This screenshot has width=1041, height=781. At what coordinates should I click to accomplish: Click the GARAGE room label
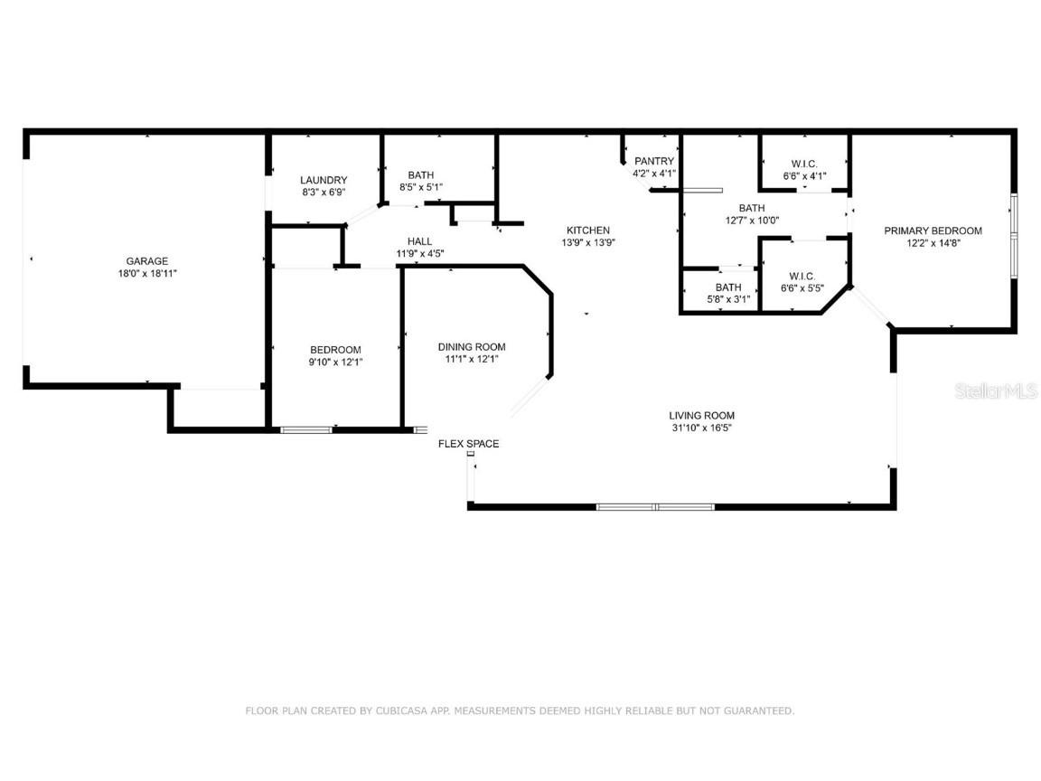pyautogui.click(x=146, y=261)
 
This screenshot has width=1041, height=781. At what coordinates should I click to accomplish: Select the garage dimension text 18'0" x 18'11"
pyautogui.click(x=146, y=273)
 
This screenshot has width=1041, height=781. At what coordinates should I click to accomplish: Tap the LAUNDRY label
pyautogui.click(x=324, y=180)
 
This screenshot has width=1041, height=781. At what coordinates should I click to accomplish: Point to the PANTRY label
pyautogui.click(x=654, y=161)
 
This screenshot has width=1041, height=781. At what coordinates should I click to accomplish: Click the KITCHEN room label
pyautogui.click(x=588, y=231)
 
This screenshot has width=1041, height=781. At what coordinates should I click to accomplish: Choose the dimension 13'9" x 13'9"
pyautogui.click(x=588, y=242)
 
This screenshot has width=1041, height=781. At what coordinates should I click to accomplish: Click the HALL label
pyautogui.click(x=419, y=241)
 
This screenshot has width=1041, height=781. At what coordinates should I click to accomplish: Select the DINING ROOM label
pyautogui.click(x=472, y=347)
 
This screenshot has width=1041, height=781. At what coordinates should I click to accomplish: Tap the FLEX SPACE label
pyautogui.click(x=468, y=444)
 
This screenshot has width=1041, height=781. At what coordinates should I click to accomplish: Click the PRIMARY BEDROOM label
pyautogui.click(x=933, y=231)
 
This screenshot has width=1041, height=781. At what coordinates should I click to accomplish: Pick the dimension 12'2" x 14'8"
pyautogui.click(x=933, y=242)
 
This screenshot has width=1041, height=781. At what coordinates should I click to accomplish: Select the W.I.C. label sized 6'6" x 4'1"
pyautogui.click(x=803, y=164)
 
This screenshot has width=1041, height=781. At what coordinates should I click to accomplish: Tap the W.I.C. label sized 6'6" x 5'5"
pyautogui.click(x=802, y=276)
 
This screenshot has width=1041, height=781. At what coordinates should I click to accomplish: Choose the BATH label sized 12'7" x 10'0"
pyautogui.click(x=751, y=208)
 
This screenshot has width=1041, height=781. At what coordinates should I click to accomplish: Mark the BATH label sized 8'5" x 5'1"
pyautogui.click(x=420, y=175)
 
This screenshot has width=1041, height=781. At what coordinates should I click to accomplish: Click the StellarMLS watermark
pyautogui.click(x=998, y=391)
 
